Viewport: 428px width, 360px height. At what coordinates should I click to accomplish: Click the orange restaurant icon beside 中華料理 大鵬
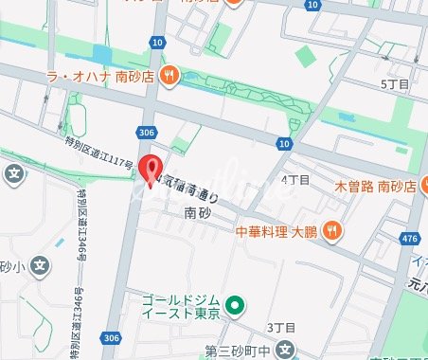(x=331, y=228)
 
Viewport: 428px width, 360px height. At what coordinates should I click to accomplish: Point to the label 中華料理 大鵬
(x=276, y=229)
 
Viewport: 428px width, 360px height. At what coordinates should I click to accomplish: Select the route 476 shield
(x=411, y=238)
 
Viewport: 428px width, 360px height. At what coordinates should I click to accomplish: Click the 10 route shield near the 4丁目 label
(x=284, y=143)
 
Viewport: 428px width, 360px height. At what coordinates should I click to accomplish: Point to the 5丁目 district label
(x=393, y=84)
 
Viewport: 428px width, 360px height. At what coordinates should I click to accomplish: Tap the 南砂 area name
(x=197, y=212)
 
